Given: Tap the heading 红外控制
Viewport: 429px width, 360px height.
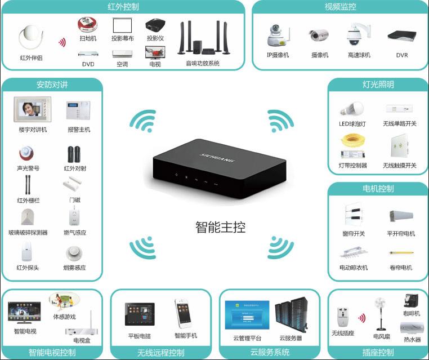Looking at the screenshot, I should point(123,7).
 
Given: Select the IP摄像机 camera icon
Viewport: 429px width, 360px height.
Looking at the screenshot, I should point(277,36).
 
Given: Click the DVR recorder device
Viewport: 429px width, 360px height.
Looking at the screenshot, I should point(401,36).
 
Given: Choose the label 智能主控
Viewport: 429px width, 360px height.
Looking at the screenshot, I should point(220,228).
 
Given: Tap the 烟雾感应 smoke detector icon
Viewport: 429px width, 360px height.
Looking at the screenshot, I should point(74,253).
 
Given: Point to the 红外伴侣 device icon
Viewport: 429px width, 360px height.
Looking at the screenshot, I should point(31,38).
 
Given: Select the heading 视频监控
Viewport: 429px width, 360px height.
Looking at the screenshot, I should point(340,7).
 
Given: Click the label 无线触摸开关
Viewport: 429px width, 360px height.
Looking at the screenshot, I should point(399,166).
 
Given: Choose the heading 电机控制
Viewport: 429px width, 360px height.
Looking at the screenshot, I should point(378,188).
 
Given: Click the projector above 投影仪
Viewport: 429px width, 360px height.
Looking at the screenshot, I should point(155,26).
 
